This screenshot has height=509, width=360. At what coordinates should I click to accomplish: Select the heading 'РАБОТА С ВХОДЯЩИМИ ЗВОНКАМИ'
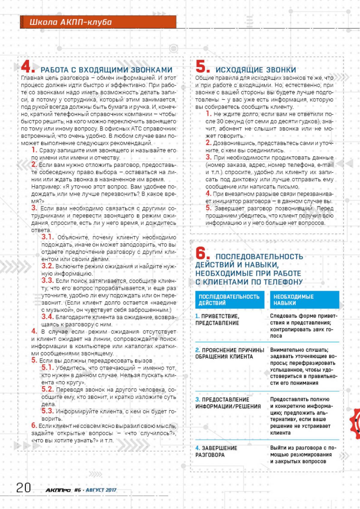click(106, 70)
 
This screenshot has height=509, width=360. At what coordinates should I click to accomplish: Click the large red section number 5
click(202, 67)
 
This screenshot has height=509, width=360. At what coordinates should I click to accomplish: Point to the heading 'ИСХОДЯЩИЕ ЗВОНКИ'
click(256, 70)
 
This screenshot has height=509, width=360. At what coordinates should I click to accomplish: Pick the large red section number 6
click(202, 254)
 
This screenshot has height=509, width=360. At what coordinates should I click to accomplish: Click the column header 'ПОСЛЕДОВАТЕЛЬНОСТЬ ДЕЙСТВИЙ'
click(229, 300)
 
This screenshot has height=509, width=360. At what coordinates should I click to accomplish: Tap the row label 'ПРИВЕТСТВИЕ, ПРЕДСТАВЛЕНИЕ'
click(217, 320)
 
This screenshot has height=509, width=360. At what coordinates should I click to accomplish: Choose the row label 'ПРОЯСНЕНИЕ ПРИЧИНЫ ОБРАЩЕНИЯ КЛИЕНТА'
click(229, 353)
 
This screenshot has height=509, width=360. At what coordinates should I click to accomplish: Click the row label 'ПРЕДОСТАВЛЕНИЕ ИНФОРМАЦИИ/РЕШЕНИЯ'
click(228, 403)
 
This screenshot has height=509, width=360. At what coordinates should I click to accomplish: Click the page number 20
click(24, 488)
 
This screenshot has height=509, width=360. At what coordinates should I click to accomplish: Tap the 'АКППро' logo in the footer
click(58, 490)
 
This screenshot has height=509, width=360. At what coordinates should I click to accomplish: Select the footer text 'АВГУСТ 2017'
click(101, 490)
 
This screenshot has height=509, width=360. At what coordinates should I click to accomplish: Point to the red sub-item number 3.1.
click(47, 237)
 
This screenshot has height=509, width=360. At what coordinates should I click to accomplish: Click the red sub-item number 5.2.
click(47, 390)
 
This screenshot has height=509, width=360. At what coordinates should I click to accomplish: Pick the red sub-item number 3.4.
click(47, 317)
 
